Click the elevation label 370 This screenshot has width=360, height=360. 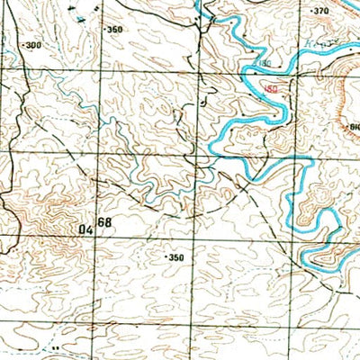tap(320, 11)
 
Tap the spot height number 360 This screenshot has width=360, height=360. tap(114, 30)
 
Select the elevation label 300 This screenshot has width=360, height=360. tap(34, 45)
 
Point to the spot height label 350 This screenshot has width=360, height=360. tap(175, 257)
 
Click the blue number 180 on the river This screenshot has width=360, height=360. tap(263, 66)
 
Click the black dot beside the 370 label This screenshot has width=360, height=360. tap(310, 12)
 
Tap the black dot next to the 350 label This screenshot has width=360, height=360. tap(166, 257)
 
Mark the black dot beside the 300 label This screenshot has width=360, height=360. tap(23, 45)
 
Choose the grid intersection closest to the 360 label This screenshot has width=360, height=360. tap(102, 68)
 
